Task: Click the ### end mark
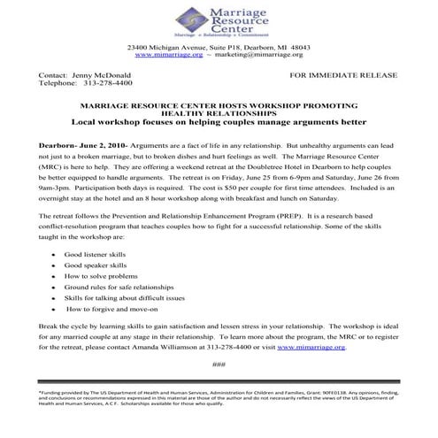click(219, 365)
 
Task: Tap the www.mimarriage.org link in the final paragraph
click(323, 348)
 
